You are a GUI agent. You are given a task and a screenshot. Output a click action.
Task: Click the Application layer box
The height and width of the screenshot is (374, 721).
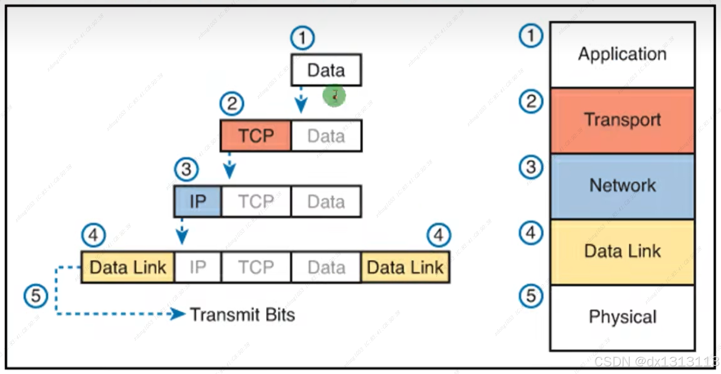622,55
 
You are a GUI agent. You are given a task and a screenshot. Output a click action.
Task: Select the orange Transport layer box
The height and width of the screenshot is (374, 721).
622,120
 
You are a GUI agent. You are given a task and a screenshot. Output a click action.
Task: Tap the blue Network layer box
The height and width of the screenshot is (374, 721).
622,186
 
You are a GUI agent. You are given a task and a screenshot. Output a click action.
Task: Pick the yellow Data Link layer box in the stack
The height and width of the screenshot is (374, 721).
622,252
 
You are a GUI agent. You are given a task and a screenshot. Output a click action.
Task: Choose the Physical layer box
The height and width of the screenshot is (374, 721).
622,318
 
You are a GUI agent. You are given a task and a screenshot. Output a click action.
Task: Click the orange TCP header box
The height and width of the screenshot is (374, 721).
256,136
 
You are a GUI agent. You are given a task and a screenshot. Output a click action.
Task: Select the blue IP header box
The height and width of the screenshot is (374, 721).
198,202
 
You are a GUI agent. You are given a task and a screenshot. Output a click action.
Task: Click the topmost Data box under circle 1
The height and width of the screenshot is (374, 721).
326,70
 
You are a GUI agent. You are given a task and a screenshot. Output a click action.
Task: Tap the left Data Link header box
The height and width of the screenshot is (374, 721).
128,267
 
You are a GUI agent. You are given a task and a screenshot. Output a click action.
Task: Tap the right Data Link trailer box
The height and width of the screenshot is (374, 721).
405,267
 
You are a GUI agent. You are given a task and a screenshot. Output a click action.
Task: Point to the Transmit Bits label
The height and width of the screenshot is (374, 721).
243,315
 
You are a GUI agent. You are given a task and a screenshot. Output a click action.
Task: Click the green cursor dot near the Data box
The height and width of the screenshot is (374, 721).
334,96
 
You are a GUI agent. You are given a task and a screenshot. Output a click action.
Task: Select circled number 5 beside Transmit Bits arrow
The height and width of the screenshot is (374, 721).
36,296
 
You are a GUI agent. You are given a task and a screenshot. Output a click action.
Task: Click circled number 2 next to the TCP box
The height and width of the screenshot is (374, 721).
232,104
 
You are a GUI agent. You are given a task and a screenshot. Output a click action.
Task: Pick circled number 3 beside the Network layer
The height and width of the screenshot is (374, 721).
531,167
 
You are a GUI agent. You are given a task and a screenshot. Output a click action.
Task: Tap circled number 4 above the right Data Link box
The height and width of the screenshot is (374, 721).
438,235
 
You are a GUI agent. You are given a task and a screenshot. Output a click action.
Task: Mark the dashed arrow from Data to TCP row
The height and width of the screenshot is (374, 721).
301,101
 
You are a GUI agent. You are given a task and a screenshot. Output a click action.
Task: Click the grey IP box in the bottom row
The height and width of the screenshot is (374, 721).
198,267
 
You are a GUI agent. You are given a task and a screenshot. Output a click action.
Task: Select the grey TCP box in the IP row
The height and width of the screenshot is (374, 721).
256,202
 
